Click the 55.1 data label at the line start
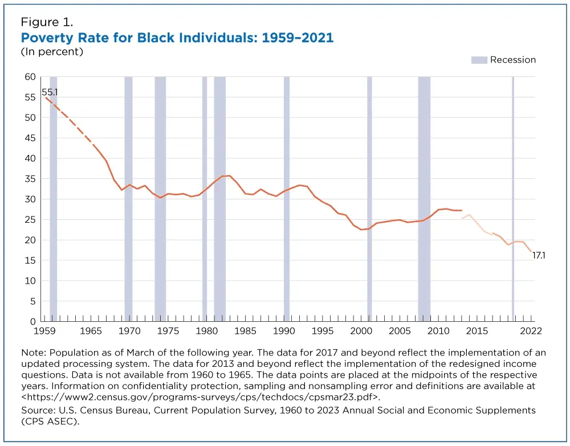50,92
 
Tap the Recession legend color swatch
479,60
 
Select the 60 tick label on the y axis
30,77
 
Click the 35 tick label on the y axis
30,179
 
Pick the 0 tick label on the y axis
32,321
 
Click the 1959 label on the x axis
44,331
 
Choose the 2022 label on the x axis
531,331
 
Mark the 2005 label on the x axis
400,331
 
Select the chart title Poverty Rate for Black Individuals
177,38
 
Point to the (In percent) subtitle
52,52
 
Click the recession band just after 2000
369,199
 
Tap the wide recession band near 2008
424,199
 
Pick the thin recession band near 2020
513,199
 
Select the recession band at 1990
287,199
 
